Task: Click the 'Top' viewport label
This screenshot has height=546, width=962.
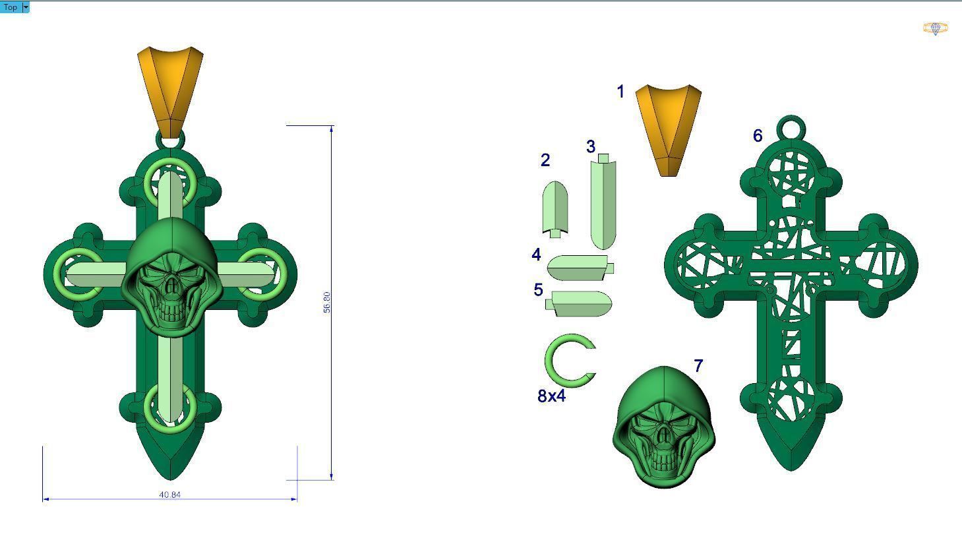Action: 11,7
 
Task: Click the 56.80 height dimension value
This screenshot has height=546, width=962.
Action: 326,302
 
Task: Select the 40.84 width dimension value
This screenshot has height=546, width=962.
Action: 169,495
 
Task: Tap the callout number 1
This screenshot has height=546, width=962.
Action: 620,92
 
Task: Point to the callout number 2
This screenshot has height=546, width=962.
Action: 545,160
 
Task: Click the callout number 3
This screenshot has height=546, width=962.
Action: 591,146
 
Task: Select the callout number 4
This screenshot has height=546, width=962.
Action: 536,255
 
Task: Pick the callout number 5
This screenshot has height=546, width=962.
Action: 538,289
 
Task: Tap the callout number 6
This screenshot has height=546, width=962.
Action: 758,136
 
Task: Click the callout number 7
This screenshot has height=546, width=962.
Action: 698,365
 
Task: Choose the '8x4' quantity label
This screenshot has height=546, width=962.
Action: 551,396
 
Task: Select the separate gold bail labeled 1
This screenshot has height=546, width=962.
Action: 668,129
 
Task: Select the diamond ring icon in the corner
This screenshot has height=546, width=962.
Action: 935,28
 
